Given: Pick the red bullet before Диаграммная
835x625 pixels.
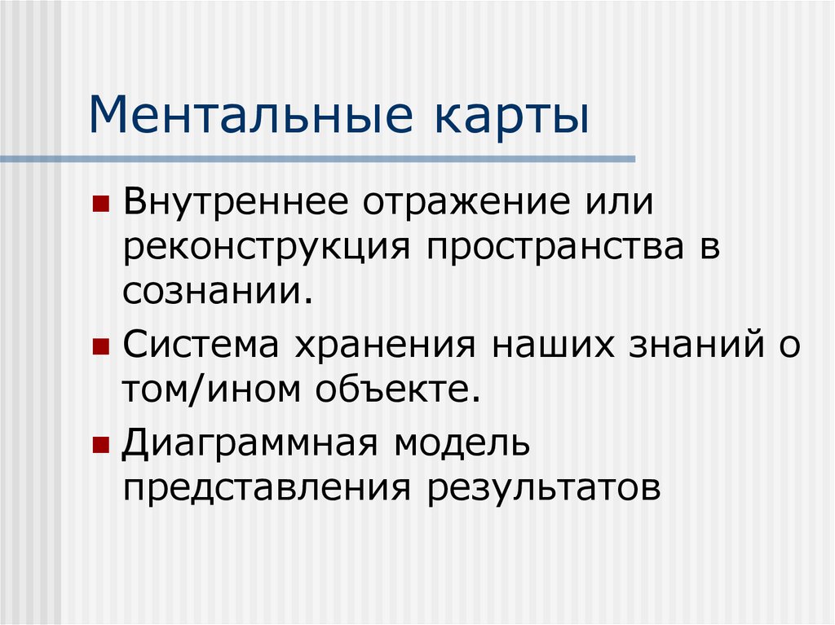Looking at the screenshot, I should click(100, 446).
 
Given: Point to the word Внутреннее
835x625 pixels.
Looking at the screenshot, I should click(236, 201).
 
